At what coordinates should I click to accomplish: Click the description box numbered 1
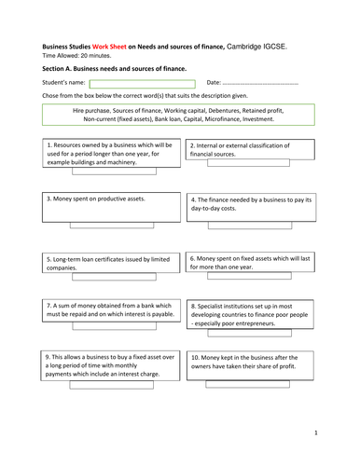[110, 154]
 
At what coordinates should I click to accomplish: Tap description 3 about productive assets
[110, 207]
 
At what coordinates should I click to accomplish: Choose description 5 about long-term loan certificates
[110, 262]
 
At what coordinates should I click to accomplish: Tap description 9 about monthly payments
[110, 365]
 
